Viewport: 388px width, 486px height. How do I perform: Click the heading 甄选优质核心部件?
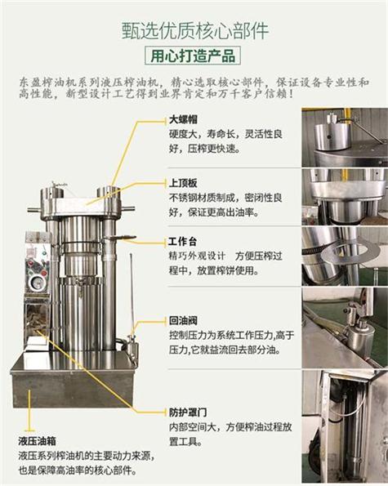pyautogui.click(x=193, y=30)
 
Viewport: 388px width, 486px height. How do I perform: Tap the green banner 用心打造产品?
pyautogui.click(x=193, y=56)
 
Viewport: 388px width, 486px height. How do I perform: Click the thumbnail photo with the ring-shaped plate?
pyautogui.click(x=344, y=254)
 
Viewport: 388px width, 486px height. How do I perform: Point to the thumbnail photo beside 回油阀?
pyautogui.click(x=344, y=326)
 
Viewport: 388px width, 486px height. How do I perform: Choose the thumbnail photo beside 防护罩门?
pyautogui.click(x=344, y=426)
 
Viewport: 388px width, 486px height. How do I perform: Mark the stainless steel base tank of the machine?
pyautogui.click(x=74, y=384)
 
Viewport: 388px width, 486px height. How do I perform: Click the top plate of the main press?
pyautogui.click(x=82, y=207)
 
